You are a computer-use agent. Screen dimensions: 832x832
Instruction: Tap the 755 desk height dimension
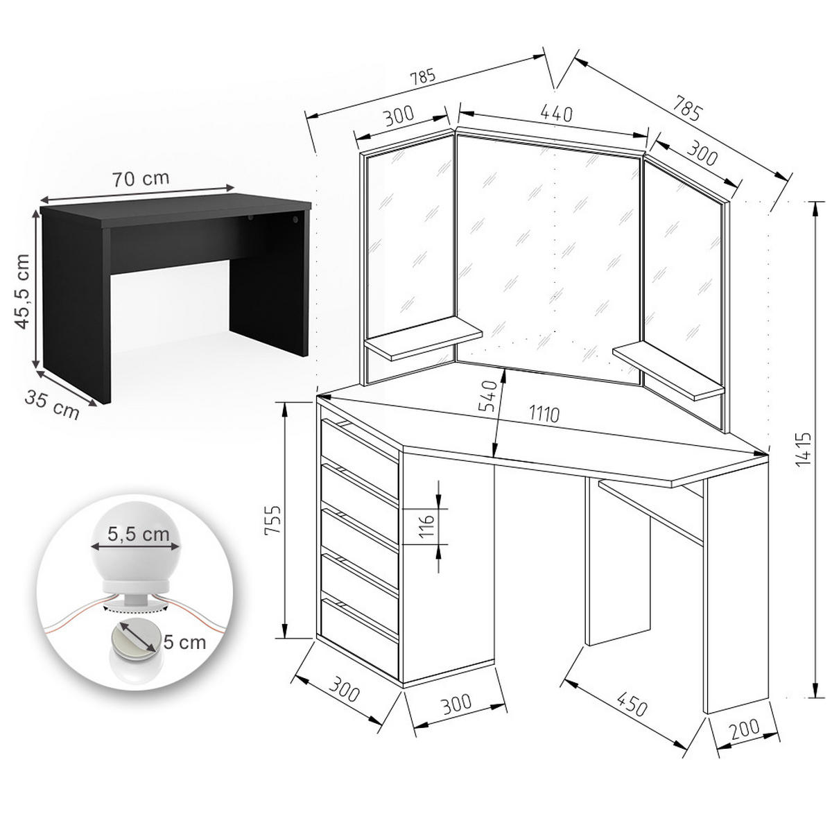click(x=273, y=520)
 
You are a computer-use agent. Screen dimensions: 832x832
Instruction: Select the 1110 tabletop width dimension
click(x=544, y=414)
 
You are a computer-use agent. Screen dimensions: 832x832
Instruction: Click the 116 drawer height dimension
click(x=426, y=526)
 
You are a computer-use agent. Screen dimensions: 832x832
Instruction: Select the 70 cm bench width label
click(x=141, y=178)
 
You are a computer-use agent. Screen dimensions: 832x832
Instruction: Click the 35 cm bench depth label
click(x=52, y=404)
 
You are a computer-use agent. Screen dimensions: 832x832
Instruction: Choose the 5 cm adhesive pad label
click(x=184, y=642)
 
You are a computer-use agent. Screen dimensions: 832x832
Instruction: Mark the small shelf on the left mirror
click(x=423, y=340)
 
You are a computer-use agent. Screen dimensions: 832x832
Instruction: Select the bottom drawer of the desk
click(x=360, y=639)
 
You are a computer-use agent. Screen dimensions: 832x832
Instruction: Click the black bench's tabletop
click(x=175, y=214)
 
